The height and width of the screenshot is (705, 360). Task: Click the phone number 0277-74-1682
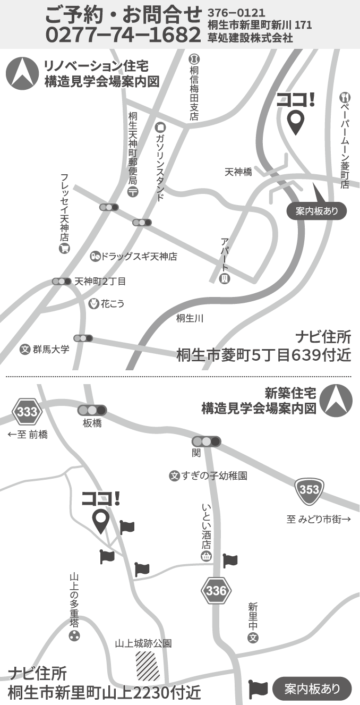pyautogui.click(x=123, y=35)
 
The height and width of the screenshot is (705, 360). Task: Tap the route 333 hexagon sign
pyautogui.click(x=27, y=412)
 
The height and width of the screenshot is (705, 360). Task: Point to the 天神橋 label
pyautogui.click(x=238, y=172)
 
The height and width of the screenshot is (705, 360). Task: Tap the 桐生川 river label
pyautogui.click(x=190, y=318)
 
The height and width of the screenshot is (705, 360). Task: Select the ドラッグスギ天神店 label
pyautogui.click(x=139, y=257)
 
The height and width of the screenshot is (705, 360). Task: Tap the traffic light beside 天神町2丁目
pyautogui.click(x=62, y=281)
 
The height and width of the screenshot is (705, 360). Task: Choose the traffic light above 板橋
pyautogui.click(x=92, y=410)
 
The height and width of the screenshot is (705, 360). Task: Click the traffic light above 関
pyautogui.click(x=206, y=441)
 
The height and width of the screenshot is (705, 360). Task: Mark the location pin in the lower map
pyautogui.click(x=100, y=521)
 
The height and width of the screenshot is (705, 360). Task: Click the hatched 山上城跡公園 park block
pyautogui.click(x=147, y=666)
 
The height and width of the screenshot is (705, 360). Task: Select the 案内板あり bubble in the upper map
pyautogui.click(x=316, y=211)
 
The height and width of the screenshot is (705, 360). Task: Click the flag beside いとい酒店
pyautogui.click(x=230, y=560)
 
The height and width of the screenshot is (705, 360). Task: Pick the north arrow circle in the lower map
pyautogui.click(x=336, y=401)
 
